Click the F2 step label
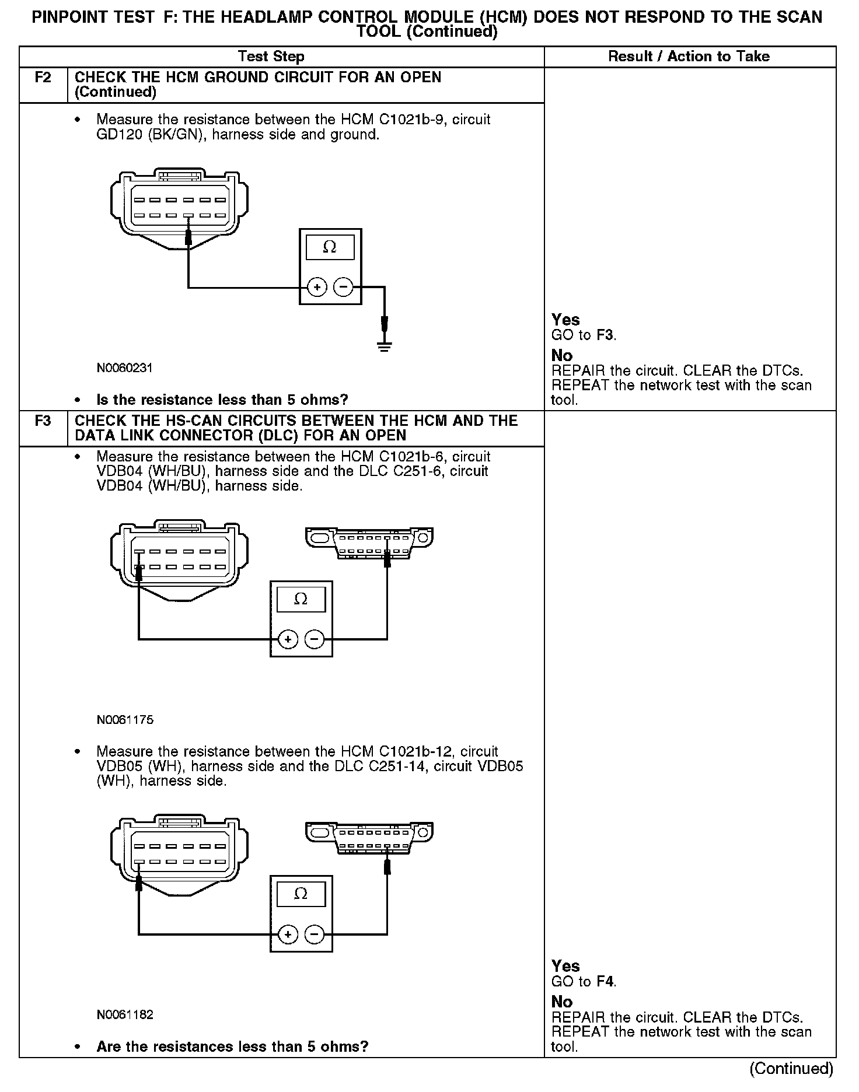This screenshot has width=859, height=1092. click(43, 78)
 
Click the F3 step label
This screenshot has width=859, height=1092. click(43, 421)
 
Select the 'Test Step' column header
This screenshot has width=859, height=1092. click(271, 57)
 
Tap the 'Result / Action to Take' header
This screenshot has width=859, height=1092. click(689, 57)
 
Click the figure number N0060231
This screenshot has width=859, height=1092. click(125, 368)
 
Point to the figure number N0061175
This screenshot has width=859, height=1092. click(125, 720)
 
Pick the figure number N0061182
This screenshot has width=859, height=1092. click(125, 1015)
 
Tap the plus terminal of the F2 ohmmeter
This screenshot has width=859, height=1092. click(317, 287)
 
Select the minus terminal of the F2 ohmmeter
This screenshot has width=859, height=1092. click(344, 287)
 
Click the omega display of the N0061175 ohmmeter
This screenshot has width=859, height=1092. click(301, 599)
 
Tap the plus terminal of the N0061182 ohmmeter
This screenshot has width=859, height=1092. click(288, 935)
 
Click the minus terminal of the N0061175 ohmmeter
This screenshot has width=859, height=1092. click(315, 640)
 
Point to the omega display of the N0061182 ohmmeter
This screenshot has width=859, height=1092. click(301, 894)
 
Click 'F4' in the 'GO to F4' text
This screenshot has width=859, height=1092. click(606, 982)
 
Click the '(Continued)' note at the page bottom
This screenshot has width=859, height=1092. click(791, 1069)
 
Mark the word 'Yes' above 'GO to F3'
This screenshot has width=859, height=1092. click(565, 320)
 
